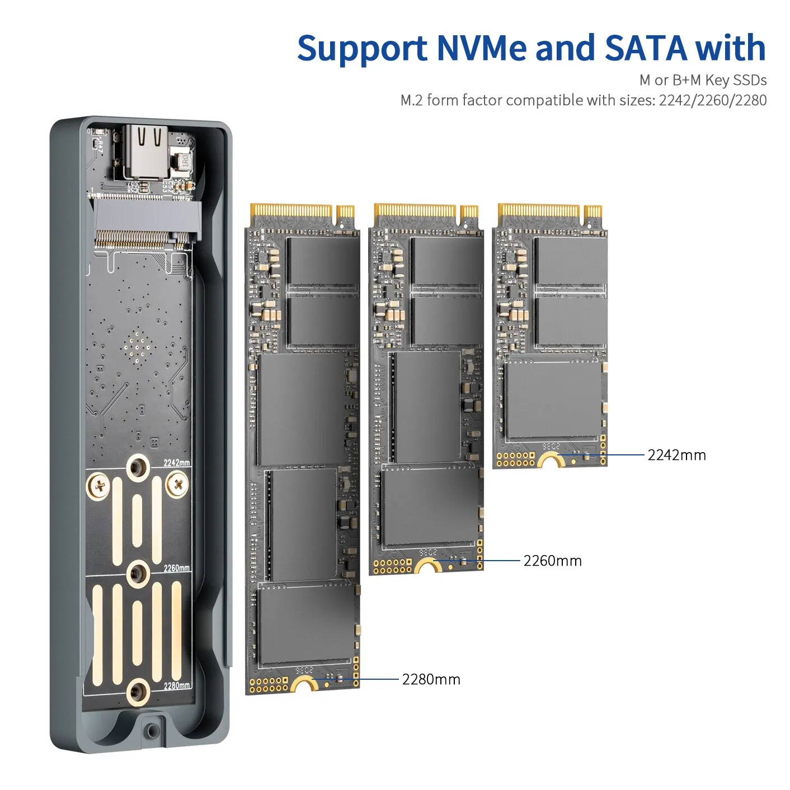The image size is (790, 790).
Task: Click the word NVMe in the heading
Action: [x=481, y=48]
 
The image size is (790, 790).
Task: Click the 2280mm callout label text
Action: [x=431, y=679]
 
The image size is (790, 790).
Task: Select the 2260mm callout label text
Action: [x=552, y=561]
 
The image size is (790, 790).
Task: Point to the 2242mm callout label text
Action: [x=676, y=455]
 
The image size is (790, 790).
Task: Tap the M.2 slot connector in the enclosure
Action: [x=147, y=224]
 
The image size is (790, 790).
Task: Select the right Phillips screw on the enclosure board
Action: [x=177, y=484]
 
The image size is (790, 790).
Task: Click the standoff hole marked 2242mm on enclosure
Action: [x=138, y=467]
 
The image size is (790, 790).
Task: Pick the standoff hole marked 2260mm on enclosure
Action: [x=138, y=573]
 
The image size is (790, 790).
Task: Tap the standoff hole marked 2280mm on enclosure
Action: [x=138, y=693]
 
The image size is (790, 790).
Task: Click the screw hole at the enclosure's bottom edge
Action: [x=151, y=730]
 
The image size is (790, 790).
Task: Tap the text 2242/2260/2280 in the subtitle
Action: [x=712, y=100]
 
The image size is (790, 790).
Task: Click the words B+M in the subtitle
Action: [x=686, y=80]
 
